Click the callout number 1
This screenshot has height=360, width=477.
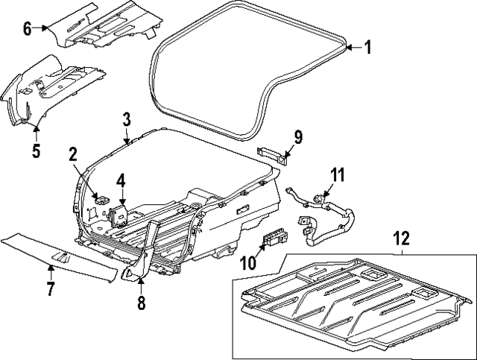pos(367,48)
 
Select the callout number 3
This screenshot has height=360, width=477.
pos(127,119)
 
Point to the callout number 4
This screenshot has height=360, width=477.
pos(121,180)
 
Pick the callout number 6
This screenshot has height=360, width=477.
pos(28,29)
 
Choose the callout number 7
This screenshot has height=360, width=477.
pos(50,288)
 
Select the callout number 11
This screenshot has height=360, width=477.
pos(338,175)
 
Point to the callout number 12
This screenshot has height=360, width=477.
pos(402,239)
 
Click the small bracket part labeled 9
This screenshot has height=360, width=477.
pos(274,153)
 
